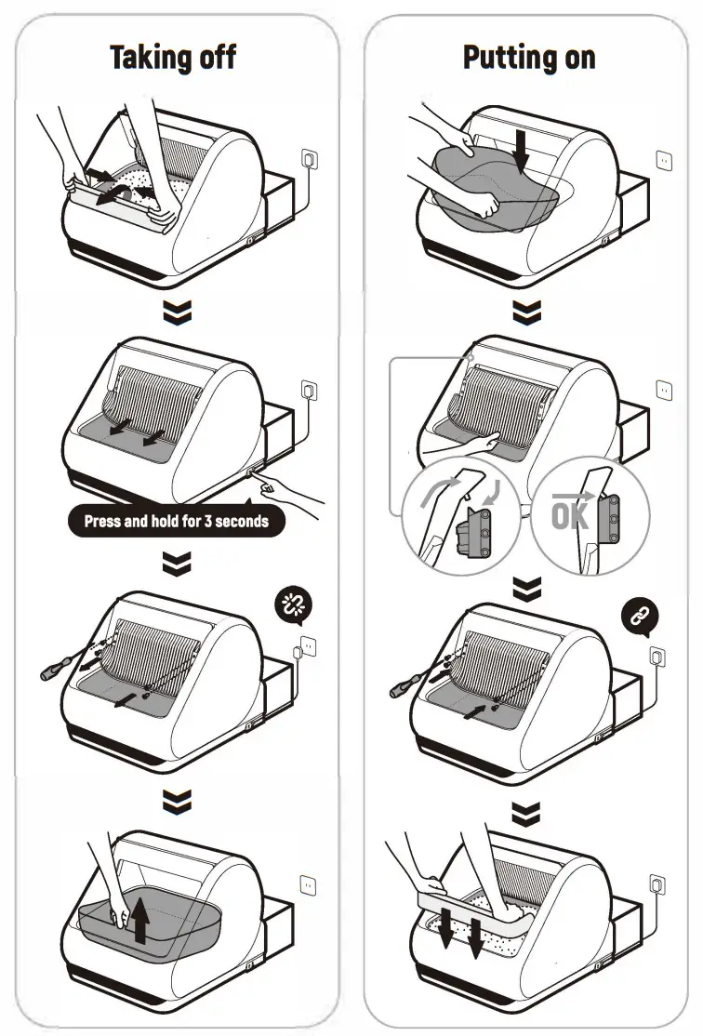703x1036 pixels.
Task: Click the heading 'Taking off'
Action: [173, 58]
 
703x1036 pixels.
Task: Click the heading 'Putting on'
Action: [528, 58]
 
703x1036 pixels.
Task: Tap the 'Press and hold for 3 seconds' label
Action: [176, 521]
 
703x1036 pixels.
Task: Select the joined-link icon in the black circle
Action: [642, 615]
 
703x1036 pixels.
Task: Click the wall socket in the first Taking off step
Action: [308, 159]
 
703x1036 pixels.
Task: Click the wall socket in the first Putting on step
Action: [664, 161]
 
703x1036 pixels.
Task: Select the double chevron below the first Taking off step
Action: [176, 313]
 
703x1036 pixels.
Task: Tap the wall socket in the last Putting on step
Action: [657, 880]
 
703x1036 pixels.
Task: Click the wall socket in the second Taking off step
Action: [309, 389]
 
